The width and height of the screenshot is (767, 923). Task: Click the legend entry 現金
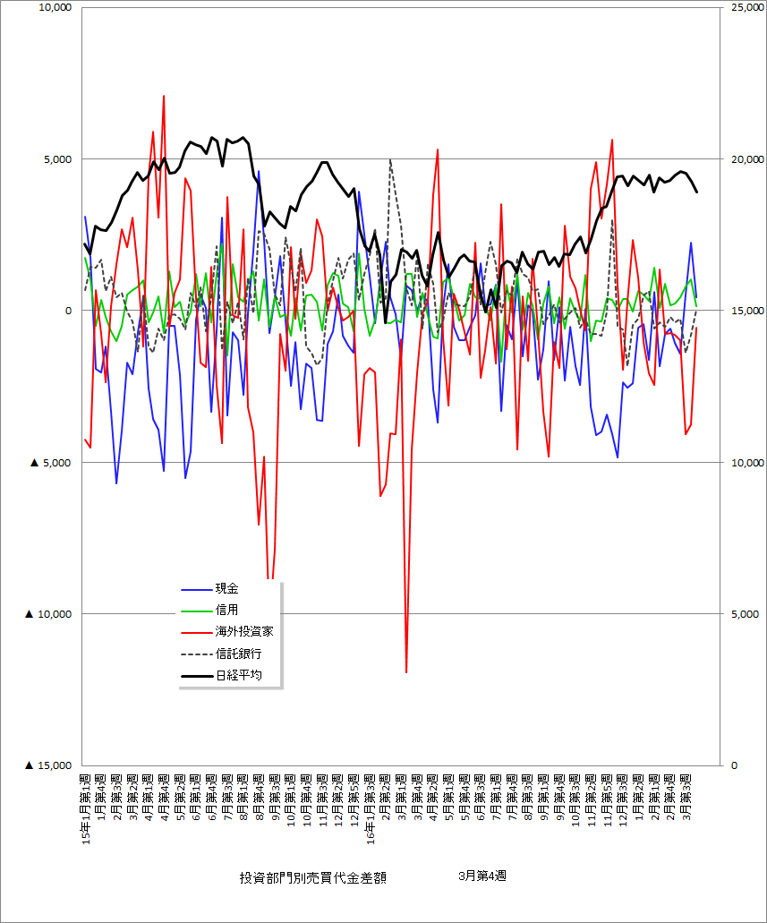click(x=226, y=588)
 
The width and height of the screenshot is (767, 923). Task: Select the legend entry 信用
click(x=226, y=610)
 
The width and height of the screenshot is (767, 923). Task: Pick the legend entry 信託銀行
click(x=238, y=654)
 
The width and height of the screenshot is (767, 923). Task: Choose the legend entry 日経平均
click(x=238, y=675)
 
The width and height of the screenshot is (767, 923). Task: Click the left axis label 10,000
click(x=53, y=8)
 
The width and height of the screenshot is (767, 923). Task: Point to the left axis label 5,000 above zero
click(x=56, y=159)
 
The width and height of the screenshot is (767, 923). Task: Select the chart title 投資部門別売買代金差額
click(x=313, y=877)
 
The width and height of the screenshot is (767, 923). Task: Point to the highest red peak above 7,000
click(x=164, y=96)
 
